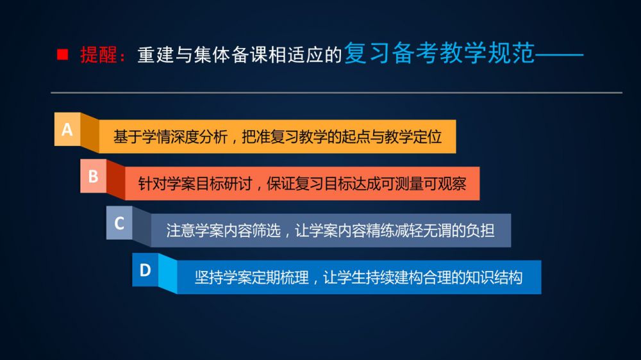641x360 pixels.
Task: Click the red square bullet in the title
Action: pos(63,54)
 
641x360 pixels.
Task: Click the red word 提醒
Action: pos(99,54)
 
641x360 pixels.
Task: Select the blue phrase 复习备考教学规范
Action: pos(440,53)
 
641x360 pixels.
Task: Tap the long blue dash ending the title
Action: pos(559,54)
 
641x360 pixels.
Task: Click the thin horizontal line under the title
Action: pos(337,93)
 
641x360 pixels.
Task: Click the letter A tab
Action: pos(67,129)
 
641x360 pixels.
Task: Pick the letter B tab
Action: pos(93,176)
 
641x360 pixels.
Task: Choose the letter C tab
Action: pos(119,223)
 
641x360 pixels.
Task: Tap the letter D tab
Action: pos(145,270)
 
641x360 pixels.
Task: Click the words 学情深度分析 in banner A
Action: pos(185,137)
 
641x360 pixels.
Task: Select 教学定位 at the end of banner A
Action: pos(413,137)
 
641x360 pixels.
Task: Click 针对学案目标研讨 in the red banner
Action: pos(195,184)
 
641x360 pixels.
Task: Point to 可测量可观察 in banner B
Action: pos(424,184)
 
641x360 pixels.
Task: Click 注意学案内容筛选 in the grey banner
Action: pos(224,231)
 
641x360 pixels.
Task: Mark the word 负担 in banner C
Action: pos(480,231)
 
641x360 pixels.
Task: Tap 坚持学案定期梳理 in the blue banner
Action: pos(252,278)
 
